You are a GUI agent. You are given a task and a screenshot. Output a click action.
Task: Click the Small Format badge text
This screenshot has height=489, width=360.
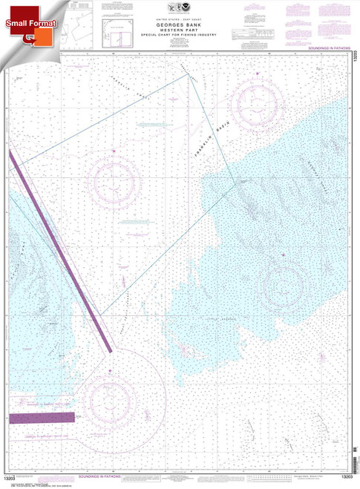click(27, 24)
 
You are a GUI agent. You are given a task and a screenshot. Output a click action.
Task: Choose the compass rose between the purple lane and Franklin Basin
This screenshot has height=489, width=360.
click(114, 180)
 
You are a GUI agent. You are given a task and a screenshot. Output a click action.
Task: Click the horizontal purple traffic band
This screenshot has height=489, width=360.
click(41, 419)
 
